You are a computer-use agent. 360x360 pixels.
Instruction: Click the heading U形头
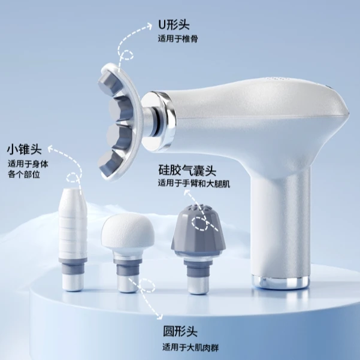(174, 25)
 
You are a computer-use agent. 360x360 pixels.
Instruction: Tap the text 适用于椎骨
(178, 39)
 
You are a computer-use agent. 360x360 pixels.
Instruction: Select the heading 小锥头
(25, 150)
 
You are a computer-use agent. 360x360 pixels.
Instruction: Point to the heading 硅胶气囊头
(187, 170)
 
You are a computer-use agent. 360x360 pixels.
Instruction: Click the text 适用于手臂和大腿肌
(194, 184)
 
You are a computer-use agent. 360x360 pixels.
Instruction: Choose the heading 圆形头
(180, 331)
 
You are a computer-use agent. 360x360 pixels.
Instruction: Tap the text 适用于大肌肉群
(190, 347)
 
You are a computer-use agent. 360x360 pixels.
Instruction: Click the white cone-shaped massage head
(73, 239)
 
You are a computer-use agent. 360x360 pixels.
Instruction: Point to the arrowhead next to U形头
(149, 26)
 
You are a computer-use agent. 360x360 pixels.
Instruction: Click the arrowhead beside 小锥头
(51, 149)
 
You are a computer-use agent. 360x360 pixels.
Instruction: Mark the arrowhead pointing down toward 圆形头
(159, 316)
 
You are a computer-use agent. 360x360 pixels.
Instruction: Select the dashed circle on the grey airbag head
(199, 223)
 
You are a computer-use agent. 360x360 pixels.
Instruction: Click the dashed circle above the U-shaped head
(126, 55)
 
